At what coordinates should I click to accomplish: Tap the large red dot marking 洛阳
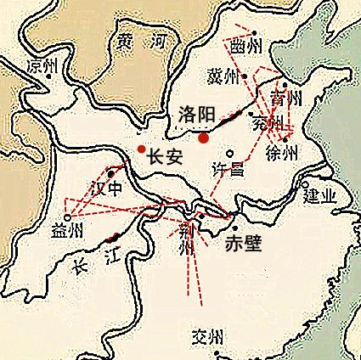204,137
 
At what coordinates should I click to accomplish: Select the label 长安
165,156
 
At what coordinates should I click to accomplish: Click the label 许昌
227,169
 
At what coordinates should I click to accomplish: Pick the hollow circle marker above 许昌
229,153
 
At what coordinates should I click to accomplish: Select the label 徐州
282,154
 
